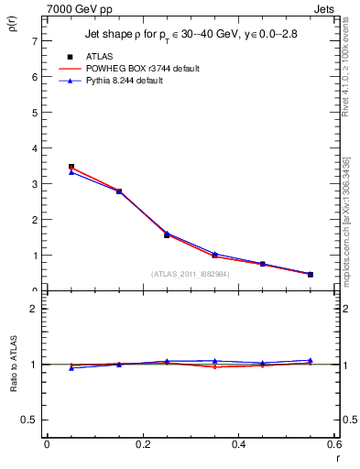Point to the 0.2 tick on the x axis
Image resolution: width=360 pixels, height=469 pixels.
pos(143,444)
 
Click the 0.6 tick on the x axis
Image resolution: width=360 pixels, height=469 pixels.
pos(335,444)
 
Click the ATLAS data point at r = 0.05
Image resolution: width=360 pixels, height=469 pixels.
pos(71,167)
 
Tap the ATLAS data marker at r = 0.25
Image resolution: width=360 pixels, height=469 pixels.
pos(167,234)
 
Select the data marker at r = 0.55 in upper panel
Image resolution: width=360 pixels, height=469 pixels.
pos(311,274)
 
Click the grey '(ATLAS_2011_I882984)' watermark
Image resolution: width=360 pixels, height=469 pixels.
pos(190,273)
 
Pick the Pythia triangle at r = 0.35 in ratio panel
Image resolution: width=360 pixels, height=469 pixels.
pos(214,361)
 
